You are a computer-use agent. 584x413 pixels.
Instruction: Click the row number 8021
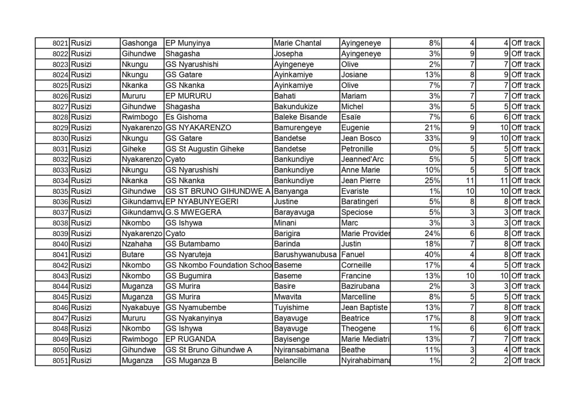click(60, 43)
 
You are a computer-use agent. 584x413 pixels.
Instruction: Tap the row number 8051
click(60, 361)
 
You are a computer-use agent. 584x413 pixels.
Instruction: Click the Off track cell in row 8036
click(525, 202)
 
